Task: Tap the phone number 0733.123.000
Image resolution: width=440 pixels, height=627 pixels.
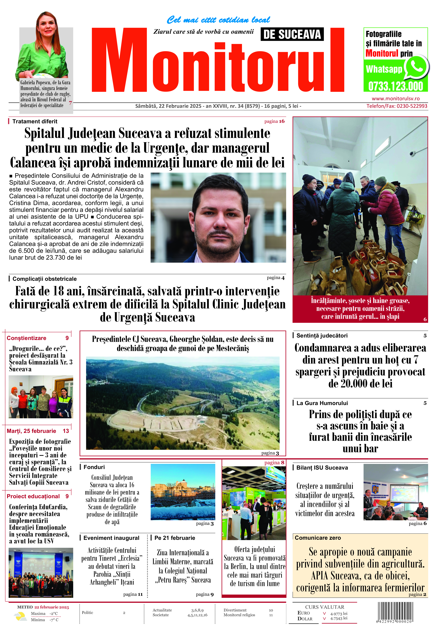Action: tap(395, 86)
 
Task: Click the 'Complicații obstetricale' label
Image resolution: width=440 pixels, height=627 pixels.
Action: tap(44, 279)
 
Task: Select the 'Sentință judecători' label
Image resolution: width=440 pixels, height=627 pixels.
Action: tap(322, 336)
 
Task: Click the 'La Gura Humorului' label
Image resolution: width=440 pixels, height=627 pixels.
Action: tap(322, 403)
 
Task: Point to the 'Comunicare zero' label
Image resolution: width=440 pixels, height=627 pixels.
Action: tap(318, 538)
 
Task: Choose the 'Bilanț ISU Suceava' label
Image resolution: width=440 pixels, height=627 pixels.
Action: tap(322, 468)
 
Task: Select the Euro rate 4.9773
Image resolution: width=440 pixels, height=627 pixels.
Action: tap(339, 614)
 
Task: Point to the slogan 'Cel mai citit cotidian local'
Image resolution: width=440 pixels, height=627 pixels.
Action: tap(218, 20)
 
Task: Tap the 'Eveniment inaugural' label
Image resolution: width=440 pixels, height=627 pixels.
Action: tap(111, 538)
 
